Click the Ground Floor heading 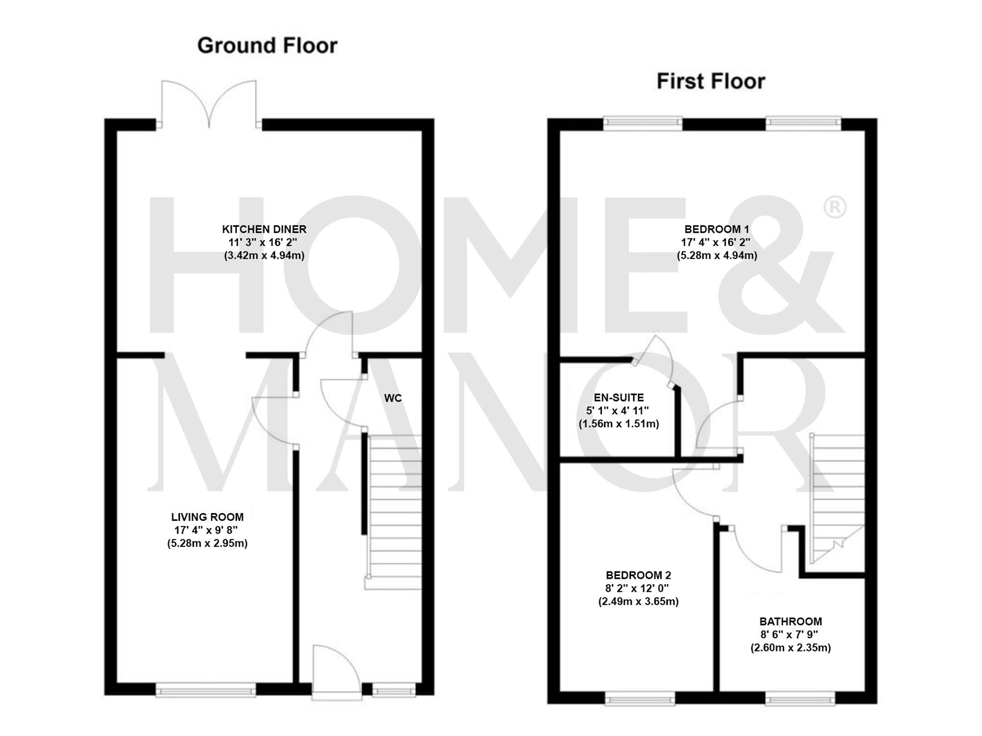pos(267,46)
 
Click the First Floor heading pos(710,82)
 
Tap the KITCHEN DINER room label pos(264,229)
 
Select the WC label pos(393,398)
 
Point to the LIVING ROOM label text pos(207,517)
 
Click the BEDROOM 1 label pos(717,229)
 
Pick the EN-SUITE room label pos(619,398)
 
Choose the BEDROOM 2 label pos(638,575)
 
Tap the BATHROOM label pos(791,621)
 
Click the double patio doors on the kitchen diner pos(209,106)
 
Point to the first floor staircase pos(837,496)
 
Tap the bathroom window pos(800,698)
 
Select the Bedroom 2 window pos(640,698)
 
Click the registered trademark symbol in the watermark pos(834,208)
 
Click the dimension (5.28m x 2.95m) pos(207,544)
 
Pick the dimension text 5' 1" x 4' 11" pos(617,411)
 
